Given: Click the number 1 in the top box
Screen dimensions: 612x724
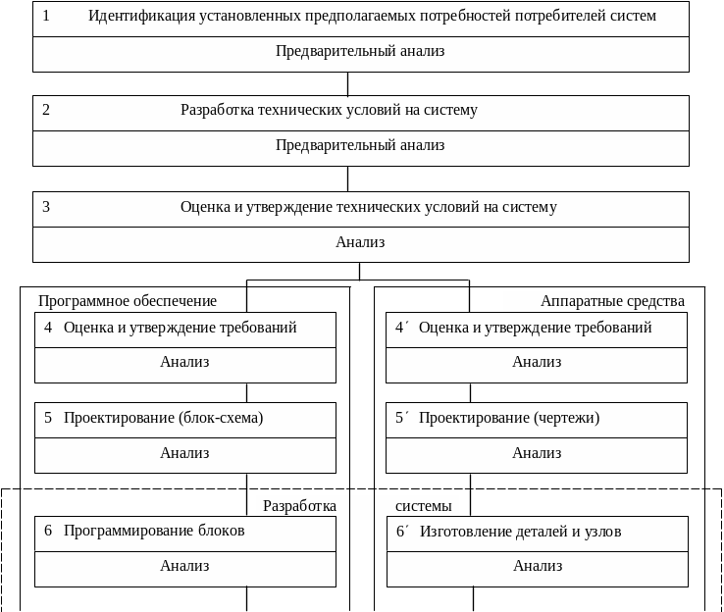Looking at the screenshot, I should [46, 16].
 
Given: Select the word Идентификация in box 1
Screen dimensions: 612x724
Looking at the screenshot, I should [133, 16].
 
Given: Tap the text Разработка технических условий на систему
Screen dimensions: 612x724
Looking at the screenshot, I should [329, 110].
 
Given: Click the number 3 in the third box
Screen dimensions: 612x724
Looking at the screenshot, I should [46, 207].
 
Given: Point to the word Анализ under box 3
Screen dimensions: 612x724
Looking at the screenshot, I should [360, 242].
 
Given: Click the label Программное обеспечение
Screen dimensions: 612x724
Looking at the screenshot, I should [128, 301].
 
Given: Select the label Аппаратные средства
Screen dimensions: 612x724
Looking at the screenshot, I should [612, 301].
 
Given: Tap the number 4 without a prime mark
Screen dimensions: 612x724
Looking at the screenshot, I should [48, 328].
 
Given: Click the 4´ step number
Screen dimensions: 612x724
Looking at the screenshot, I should [401, 328].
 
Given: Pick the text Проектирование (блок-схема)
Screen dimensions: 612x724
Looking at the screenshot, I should [163, 418].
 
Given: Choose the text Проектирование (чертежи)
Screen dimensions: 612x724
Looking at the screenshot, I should [509, 418].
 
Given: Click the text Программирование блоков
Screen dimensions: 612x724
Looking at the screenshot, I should [154, 531].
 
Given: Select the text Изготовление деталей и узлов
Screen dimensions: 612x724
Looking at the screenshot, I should [521, 532].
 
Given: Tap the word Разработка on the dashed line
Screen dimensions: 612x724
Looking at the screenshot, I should [299, 506].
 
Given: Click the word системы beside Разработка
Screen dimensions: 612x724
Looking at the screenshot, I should [424, 506].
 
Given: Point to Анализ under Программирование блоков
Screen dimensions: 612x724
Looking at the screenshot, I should [184, 566].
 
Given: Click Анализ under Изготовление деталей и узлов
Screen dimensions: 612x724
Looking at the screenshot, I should [538, 566].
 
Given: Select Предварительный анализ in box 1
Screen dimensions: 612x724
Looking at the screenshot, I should [360, 51].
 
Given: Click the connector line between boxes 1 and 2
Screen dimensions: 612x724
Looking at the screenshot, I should [348, 83].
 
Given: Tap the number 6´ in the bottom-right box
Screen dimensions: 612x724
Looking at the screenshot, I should [402, 532].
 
